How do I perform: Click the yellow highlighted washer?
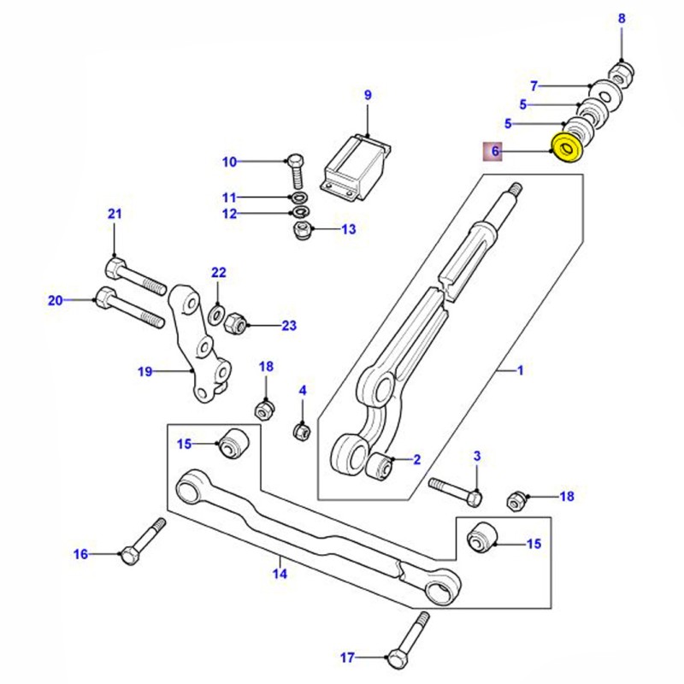tap(567, 148)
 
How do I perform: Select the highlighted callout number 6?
tap(493, 152)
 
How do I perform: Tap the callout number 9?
tap(369, 95)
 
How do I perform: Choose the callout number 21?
tap(115, 214)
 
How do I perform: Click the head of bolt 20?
tap(104, 299)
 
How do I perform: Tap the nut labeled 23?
tap(237, 323)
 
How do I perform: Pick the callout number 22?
tap(219, 273)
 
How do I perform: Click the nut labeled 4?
tap(301, 431)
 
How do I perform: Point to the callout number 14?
tap(280, 574)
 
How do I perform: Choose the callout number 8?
tap(622, 18)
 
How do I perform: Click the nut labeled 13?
tap(302, 232)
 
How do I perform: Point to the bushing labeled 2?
tap(380, 467)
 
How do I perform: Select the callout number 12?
tap(228, 214)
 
